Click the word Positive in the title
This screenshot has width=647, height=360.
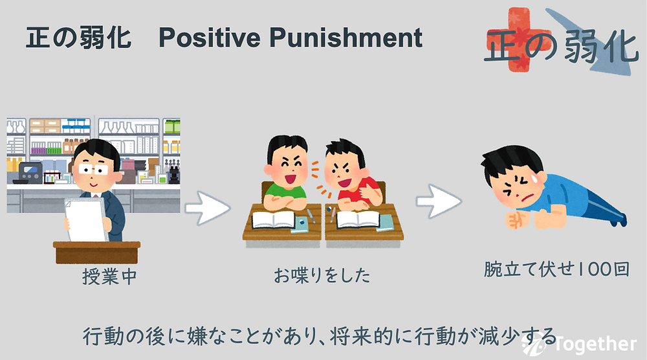tap(210, 38)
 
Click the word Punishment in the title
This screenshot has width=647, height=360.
tap(345, 38)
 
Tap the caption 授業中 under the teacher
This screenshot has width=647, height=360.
tap(109, 276)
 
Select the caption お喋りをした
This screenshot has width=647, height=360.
tap(322, 275)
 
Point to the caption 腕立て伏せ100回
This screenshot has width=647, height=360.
tap(556, 269)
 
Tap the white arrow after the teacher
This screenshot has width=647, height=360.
tap(207, 208)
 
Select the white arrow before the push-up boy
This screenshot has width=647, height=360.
tap(438, 201)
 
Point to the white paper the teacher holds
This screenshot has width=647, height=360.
tap(86, 219)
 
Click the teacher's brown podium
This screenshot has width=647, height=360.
tap(96, 253)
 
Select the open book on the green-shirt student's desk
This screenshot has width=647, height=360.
tap(274, 219)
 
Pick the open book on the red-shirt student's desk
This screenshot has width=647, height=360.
tap(358, 219)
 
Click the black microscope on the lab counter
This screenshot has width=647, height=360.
tap(173, 174)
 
